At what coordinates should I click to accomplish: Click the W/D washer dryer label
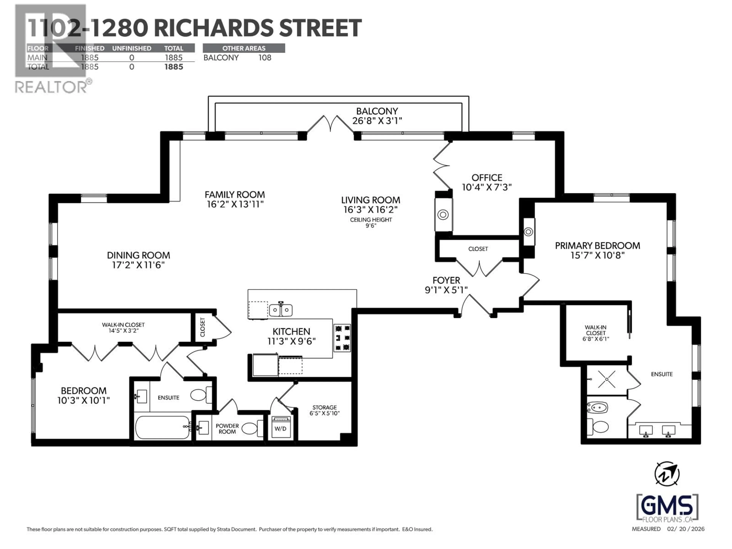280,429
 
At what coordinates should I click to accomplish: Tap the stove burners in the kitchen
342,338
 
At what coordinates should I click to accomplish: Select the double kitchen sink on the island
281,310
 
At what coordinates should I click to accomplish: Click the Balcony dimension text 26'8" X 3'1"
377,121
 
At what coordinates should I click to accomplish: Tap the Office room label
487,178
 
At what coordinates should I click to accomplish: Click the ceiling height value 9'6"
371,226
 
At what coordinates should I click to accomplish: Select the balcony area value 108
265,58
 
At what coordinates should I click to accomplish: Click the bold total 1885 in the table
174,67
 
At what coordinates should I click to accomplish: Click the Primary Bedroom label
597,246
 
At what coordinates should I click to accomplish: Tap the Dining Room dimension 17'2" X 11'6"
138,265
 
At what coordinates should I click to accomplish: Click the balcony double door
330,124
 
